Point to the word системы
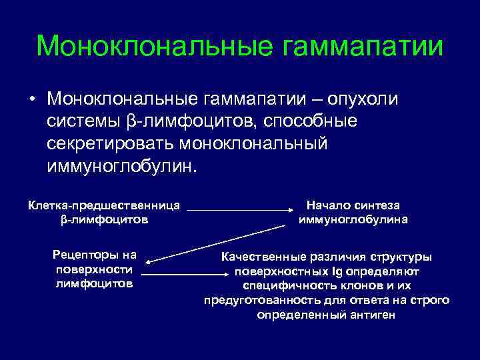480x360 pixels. click(83, 122)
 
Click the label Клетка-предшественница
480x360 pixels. click(105, 206)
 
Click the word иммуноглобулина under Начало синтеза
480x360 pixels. click(353, 219)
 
